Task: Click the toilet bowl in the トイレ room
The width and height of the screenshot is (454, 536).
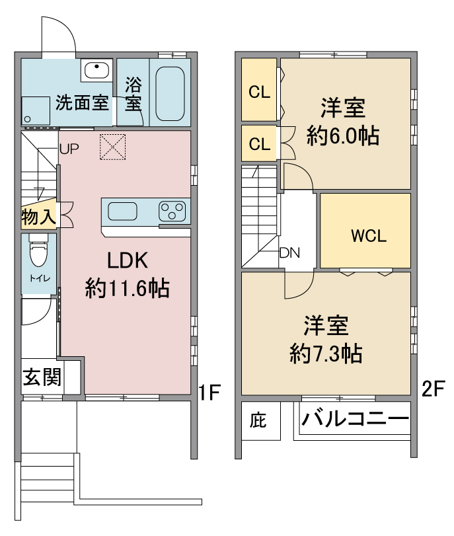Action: click(x=38, y=251)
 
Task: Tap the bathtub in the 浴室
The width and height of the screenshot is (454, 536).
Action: click(x=170, y=94)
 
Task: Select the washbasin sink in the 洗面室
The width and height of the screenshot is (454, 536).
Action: click(x=96, y=70)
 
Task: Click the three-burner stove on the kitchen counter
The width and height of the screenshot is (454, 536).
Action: click(x=172, y=211)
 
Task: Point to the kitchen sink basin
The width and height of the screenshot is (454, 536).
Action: click(x=122, y=211)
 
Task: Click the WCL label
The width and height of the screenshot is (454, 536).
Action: click(x=369, y=236)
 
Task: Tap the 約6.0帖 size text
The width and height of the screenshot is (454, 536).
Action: click(x=343, y=135)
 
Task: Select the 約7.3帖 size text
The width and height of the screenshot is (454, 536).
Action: click(x=326, y=354)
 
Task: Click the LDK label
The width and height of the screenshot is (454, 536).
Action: click(x=128, y=260)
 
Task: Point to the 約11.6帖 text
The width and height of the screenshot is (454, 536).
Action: click(x=127, y=288)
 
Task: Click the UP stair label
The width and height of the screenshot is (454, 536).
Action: click(x=69, y=149)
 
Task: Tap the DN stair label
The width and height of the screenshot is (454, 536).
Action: click(x=289, y=252)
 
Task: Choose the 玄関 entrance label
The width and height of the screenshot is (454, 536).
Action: click(x=42, y=377)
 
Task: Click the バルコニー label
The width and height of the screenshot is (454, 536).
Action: click(x=355, y=418)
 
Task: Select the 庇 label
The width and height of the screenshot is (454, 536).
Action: click(x=258, y=420)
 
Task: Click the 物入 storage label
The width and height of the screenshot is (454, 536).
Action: click(x=38, y=216)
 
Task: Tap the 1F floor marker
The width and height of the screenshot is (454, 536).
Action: click(x=209, y=391)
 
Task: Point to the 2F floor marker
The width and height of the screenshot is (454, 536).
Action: click(x=433, y=389)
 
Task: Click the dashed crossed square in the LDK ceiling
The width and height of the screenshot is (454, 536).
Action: click(x=112, y=147)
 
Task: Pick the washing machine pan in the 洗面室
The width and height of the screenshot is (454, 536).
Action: click(x=36, y=110)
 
